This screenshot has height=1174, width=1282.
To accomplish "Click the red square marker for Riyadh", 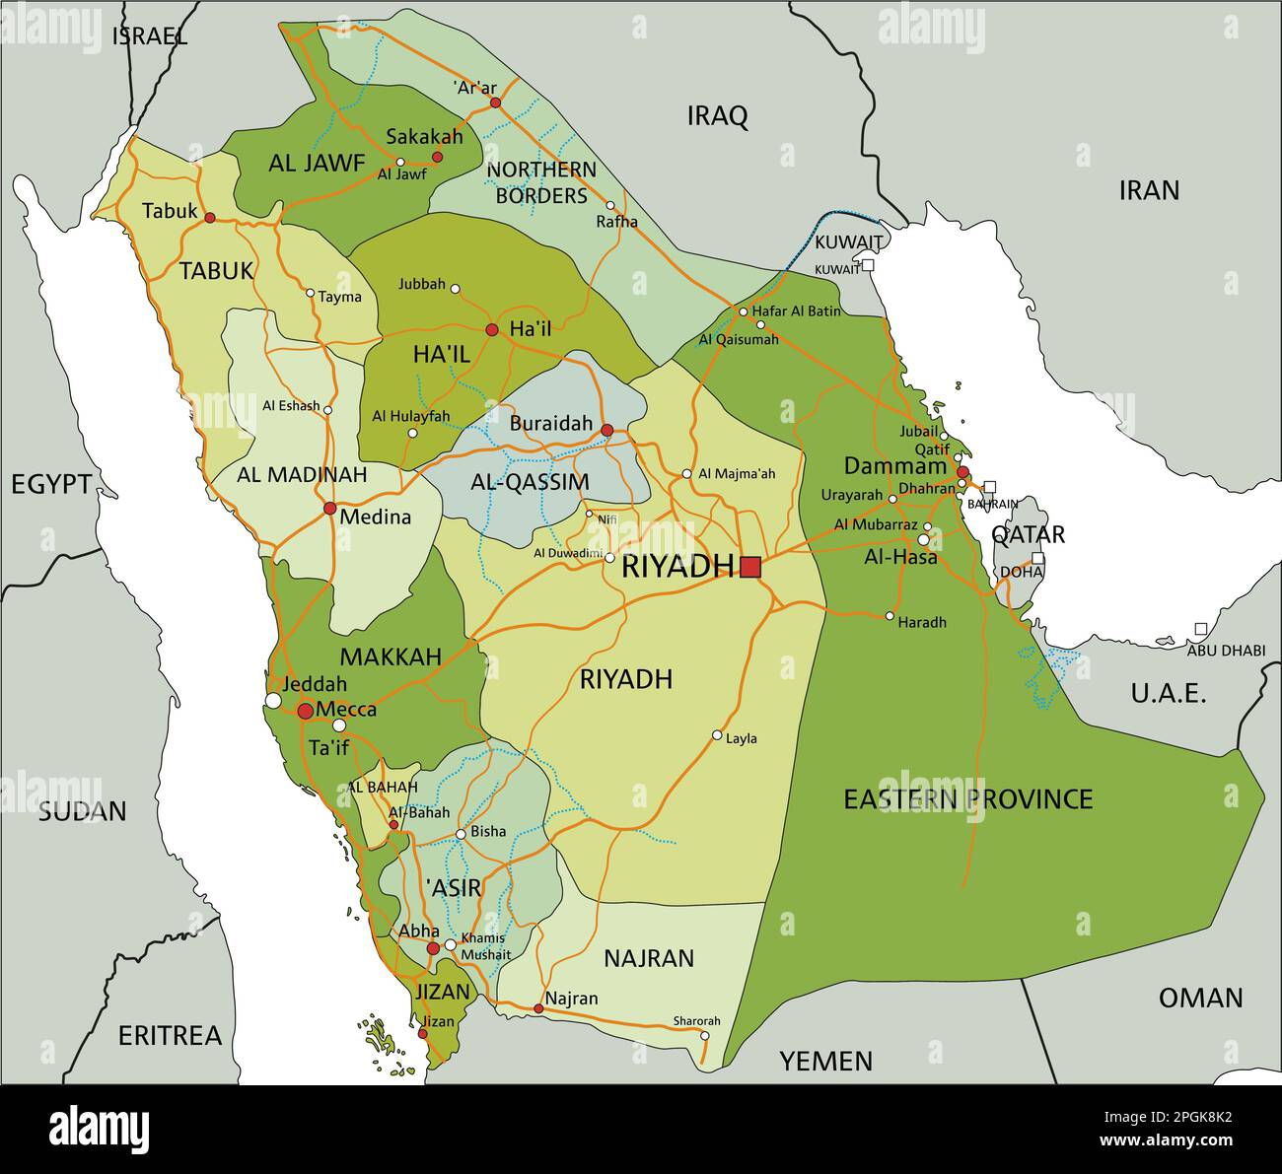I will click(x=751, y=567).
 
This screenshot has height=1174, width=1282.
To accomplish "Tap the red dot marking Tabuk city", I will click(x=209, y=217).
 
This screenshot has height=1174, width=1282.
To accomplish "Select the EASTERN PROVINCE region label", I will click(x=967, y=798).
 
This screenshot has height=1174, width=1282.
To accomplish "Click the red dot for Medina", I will click(x=329, y=509).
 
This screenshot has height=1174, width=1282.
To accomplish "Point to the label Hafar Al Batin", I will click(x=797, y=311).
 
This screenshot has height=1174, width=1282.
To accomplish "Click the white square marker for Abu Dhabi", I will click(x=1200, y=629).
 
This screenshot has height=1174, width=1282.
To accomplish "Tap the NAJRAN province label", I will click(x=649, y=958).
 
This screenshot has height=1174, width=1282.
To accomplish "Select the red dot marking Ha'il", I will click(x=491, y=329).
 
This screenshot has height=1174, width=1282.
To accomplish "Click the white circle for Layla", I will click(x=717, y=735).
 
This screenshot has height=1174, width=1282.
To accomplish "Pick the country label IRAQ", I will click(x=717, y=116).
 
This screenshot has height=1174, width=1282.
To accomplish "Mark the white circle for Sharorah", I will click(x=704, y=1035).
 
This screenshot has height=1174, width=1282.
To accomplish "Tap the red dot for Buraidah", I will click(x=606, y=430).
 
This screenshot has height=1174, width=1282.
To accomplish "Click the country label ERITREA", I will click(x=170, y=1036).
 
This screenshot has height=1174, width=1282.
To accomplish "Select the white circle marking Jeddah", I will click(x=273, y=701).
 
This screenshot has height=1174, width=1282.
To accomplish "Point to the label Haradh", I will click(x=922, y=622).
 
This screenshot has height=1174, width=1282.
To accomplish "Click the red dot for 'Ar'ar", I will click(x=495, y=103).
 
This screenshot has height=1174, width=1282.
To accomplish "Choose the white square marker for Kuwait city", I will click(x=868, y=265).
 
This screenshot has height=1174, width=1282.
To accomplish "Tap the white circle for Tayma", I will click(x=310, y=293).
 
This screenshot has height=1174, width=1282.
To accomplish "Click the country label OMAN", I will click(x=1200, y=998).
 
